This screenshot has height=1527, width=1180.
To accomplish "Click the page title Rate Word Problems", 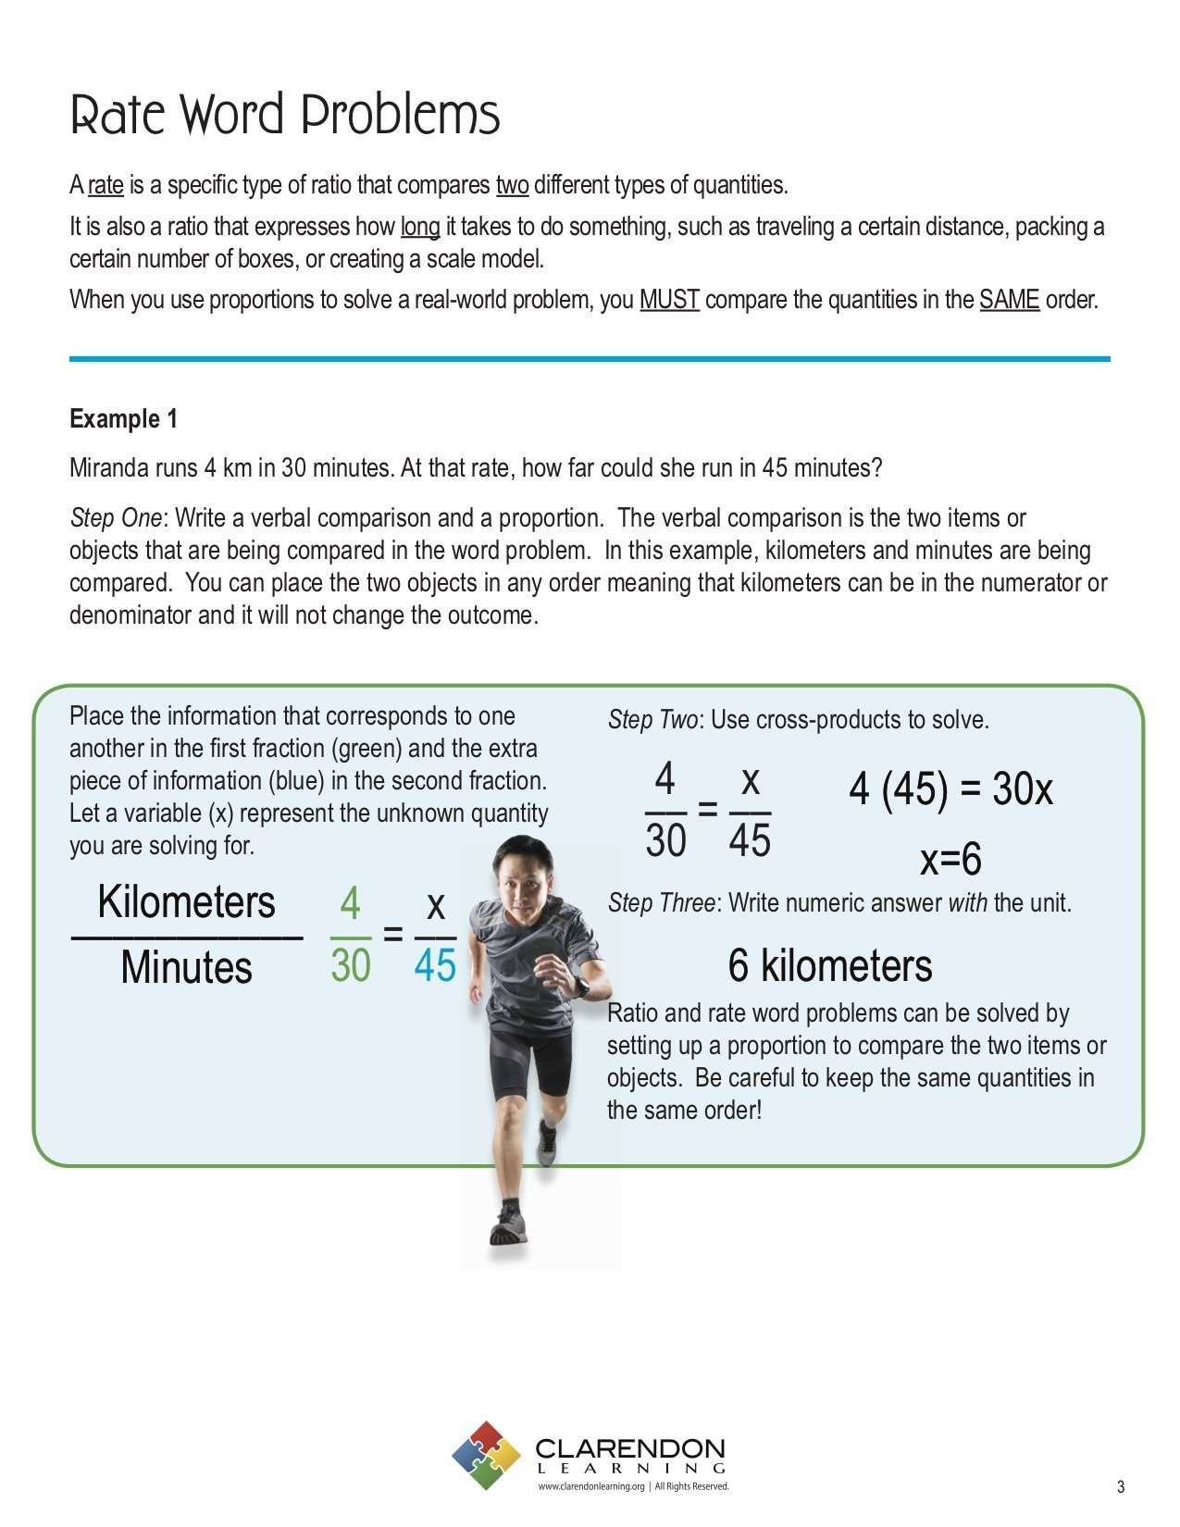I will tap(285, 115).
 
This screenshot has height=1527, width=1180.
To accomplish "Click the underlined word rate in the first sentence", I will tap(106, 185).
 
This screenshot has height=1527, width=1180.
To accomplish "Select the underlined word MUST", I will tap(669, 300).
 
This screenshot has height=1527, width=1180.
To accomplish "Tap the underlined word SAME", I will tap(1009, 300).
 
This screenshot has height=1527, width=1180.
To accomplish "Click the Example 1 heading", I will tap(123, 419).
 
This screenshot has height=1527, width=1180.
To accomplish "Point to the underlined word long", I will tap(419, 227).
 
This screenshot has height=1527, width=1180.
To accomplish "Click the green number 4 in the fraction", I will tap(350, 903).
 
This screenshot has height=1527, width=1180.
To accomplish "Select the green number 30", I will tap(351, 966).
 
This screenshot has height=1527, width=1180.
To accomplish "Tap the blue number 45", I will tap(435, 966).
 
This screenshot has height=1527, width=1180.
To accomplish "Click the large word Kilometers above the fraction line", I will tap(186, 902).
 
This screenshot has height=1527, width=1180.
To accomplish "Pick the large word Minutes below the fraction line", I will tap(186, 968).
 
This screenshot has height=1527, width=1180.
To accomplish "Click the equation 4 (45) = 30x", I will tap(950, 789).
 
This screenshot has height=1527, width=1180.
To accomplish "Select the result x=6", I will tap(950, 860).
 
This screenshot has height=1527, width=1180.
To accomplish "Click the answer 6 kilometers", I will tap(830, 965).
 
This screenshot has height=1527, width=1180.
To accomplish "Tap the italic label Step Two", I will tap(652, 720).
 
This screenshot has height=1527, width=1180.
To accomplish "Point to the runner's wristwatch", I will tap(581, 987).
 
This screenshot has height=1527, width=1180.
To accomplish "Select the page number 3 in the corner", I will tap(1121, 1487).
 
